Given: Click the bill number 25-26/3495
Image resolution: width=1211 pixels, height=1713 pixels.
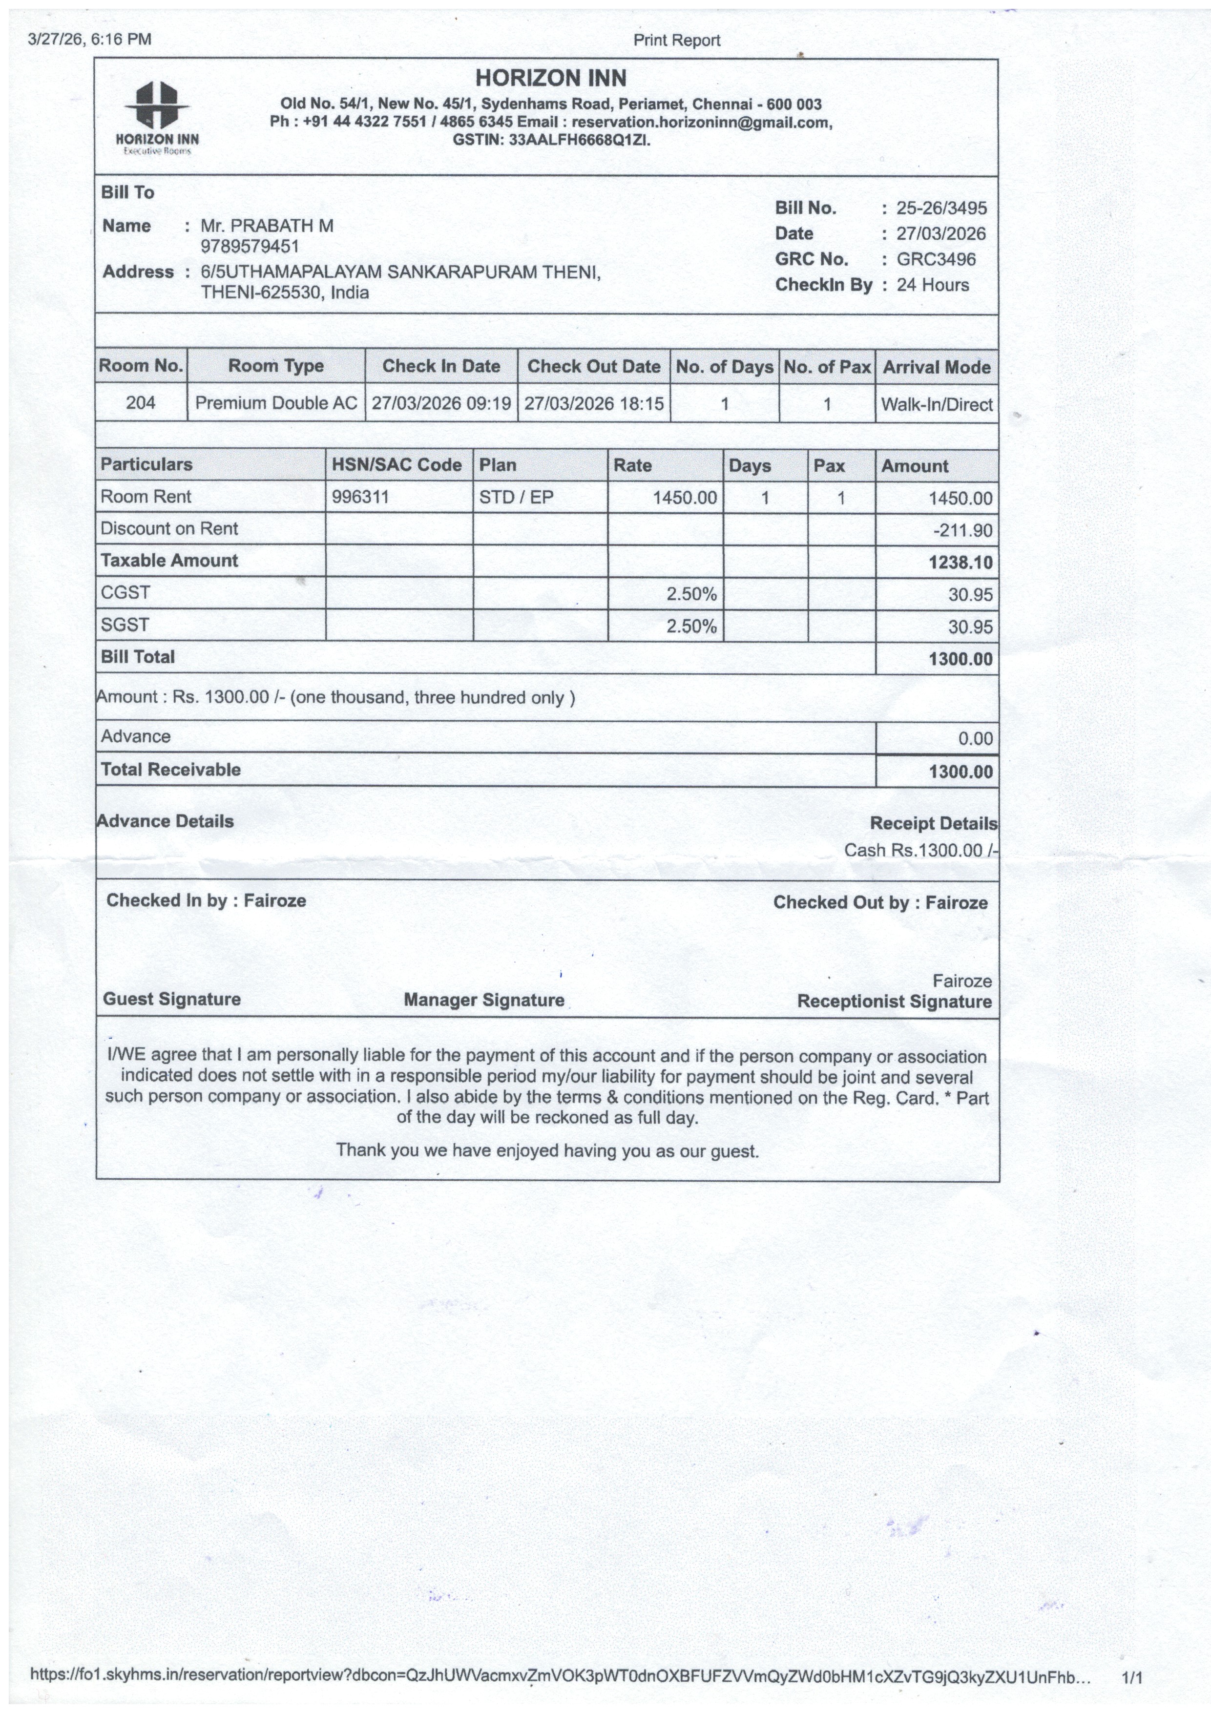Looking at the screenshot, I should (941, 208).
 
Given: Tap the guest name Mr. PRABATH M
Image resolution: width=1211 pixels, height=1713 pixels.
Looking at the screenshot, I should (267, 225).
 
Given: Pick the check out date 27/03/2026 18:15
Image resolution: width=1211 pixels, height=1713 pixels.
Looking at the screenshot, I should (594, 404).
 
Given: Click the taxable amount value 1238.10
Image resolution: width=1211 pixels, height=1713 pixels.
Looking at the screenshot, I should (960, 563).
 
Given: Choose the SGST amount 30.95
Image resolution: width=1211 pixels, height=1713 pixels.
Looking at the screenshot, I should (970, 627).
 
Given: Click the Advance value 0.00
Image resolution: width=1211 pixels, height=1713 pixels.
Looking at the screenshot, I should (975, 739).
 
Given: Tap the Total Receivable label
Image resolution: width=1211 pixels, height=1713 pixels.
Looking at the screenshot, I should (171, 770).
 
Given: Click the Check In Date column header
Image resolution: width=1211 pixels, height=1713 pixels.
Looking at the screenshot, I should (441, 366).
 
